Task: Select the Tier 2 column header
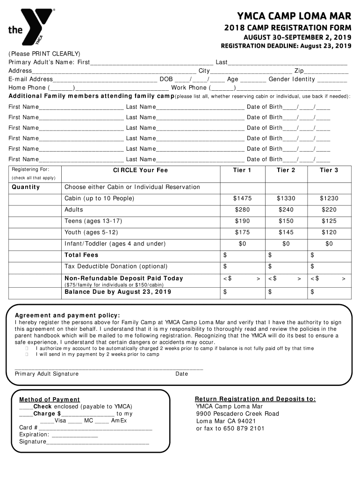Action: click(x=286, y=170)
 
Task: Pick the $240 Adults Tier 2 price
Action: click(x=286, y=210)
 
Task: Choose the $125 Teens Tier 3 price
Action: click(x=329, y=221)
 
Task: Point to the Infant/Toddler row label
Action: click(x=115, y=244)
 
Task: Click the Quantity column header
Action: click(x=26, y=187)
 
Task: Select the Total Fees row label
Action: click(x=81, y=255)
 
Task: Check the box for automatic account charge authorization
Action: click(x=27, y=348)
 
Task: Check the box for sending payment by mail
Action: click(x=27, y=355)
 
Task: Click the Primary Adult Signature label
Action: click(x=47, y=374)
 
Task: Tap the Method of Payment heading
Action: click(x=50, y=399)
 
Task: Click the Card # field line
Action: click(x=96, y=428)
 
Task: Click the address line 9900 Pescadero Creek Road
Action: click(x=238, y=414)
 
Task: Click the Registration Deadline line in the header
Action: click(x=286, y=46)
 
